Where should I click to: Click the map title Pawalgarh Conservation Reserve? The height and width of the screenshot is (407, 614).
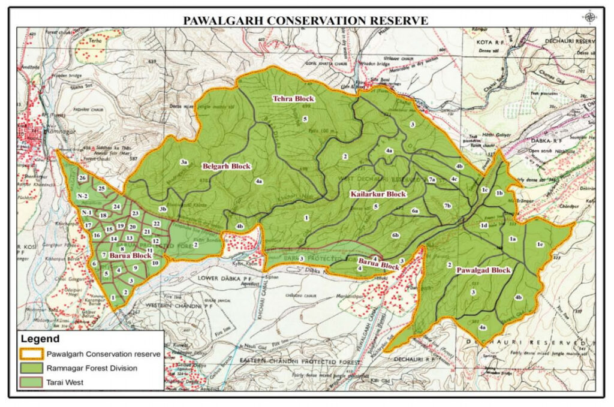[x=305, y=20]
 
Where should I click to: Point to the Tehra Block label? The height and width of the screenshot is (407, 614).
[x=294, y=98]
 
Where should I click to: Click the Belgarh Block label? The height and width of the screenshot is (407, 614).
[x=225, y=166]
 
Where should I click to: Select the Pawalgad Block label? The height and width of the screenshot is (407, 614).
[x=483, y=270]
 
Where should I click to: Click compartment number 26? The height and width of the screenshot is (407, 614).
[x=83, y=178]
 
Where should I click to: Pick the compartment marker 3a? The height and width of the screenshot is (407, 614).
[x=185, y=162]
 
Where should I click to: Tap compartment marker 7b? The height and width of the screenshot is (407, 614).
[x=447, y=206]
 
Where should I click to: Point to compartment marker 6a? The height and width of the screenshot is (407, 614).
[x=414, y=211]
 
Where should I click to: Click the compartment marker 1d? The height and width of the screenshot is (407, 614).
[x=483, y=225]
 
